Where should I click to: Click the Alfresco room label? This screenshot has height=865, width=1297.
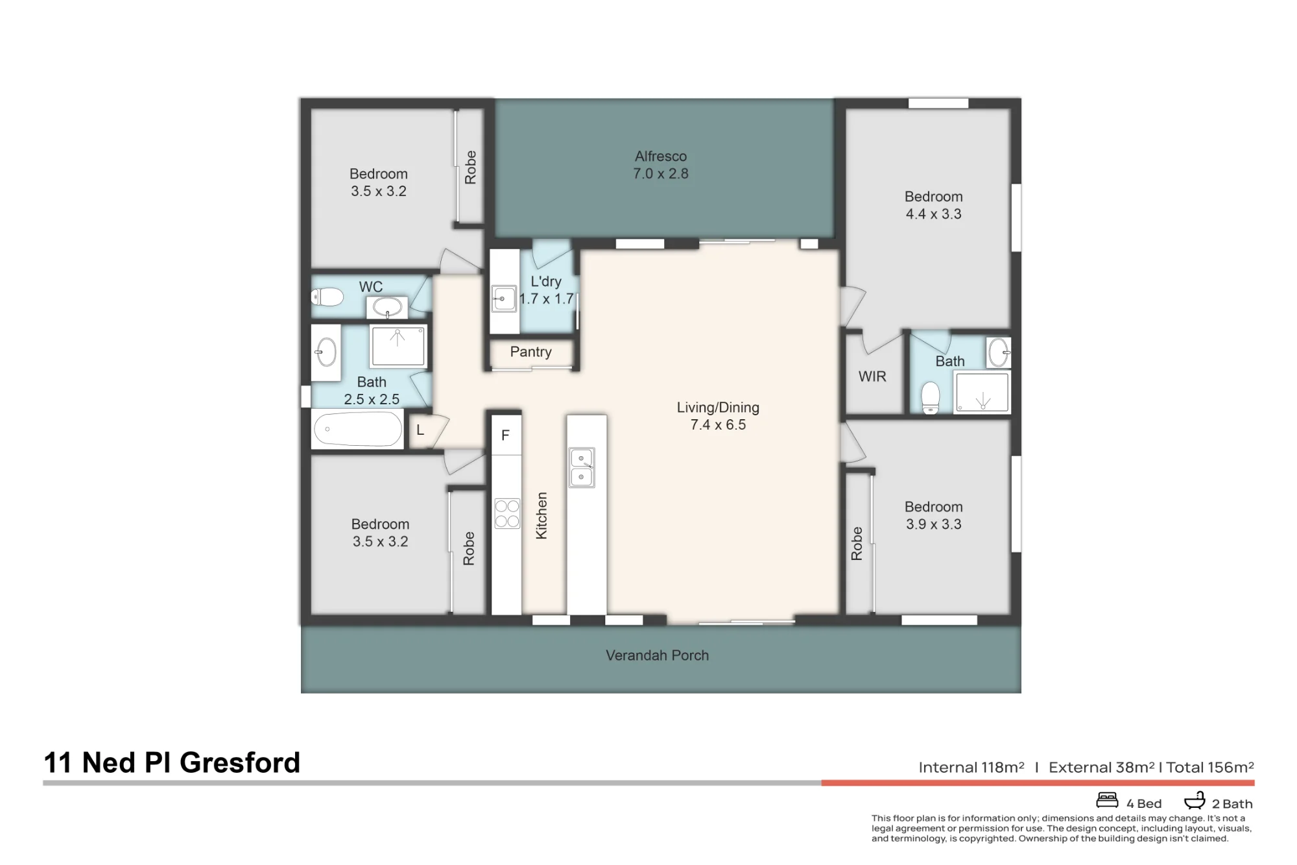(x=661, y=156)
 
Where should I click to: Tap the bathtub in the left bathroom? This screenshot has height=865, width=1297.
(x=357, y=429)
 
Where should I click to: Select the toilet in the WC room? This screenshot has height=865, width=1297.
(x=327, y=297)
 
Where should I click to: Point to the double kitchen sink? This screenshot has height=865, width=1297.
(x=582, y=467)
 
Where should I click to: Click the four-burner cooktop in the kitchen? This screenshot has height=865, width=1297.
(x=507, y=513)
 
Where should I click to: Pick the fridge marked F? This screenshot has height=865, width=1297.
(x=506, y=435)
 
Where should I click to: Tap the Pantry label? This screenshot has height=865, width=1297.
(x=530, y=352)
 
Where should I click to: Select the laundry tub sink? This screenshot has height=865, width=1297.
(x=504, y=299)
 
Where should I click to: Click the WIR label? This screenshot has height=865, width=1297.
(x=872, y=376)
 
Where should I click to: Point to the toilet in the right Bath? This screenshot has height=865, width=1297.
(x=931, y=396)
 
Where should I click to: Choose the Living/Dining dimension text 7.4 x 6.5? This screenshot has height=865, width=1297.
(x=718, y=425)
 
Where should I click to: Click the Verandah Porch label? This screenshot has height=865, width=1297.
(x=657, y=655)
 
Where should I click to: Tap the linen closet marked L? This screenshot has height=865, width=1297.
(x=420, y=430)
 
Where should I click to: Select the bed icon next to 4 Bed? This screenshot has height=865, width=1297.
(x=1107, y=800)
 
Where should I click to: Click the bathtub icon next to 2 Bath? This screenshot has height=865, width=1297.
(x=1195, y=800)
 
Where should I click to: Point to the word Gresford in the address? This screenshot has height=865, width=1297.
(x=240, y=763)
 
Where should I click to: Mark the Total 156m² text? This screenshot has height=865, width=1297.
(x=1210, y=768)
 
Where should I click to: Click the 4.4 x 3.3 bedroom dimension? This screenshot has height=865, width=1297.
(x=933, y=214)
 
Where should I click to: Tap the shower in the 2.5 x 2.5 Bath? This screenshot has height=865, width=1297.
(x=398, y=346)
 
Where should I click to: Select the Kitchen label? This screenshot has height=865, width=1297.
(x=541, y=515)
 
